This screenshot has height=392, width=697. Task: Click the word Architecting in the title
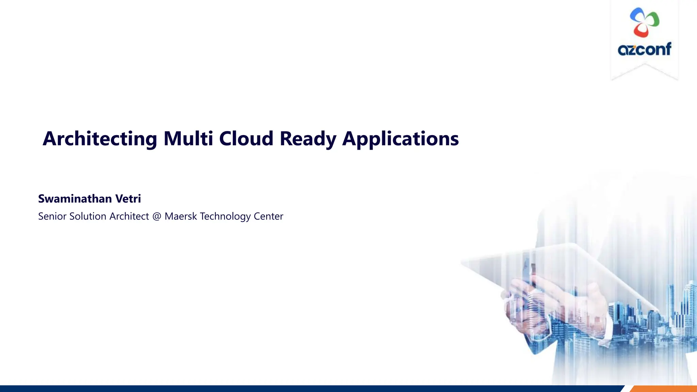pyautogui.click(x=100, y=139)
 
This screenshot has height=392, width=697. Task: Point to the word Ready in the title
pyautogui.click(x=308, y=139)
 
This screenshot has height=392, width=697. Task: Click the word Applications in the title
pyautogui.click(x=400, y=139)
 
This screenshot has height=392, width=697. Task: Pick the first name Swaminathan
pyautogui.click(x=75, y=198)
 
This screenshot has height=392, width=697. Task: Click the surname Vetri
pyautogui.click(x=128, y=198)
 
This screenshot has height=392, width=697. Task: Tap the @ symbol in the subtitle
pyautogui.click(x=157, y=216)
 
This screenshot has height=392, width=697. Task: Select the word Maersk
pyautogui.click(x=180, y=216)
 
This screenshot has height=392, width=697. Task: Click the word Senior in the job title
pyautogui.click(x=52, y=216)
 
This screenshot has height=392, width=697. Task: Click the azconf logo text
pyautogui.click(x=645, y=49)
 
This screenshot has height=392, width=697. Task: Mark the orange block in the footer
pyautogui.click(x=664, y=389)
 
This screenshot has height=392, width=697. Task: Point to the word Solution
pyautogui.click(x=88, y=216)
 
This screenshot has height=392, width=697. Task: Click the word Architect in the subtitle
pyautogui.click(x=129, y=216)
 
